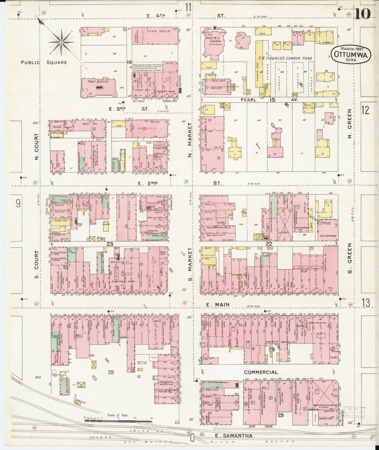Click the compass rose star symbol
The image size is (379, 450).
click(61, 42)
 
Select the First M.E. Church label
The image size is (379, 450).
click(213, 39)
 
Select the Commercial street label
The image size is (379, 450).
click(261, 372)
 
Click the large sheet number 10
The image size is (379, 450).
click(363, 14)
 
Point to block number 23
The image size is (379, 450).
click(110, 244)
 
